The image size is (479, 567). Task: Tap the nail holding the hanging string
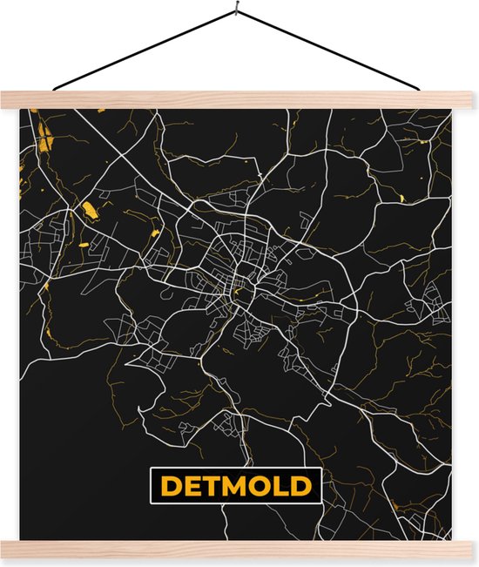pos(236,11)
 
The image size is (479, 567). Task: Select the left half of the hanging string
pos(144,53)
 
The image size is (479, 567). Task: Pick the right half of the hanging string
pos(331,51)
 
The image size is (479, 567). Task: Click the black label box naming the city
pos(234,485)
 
